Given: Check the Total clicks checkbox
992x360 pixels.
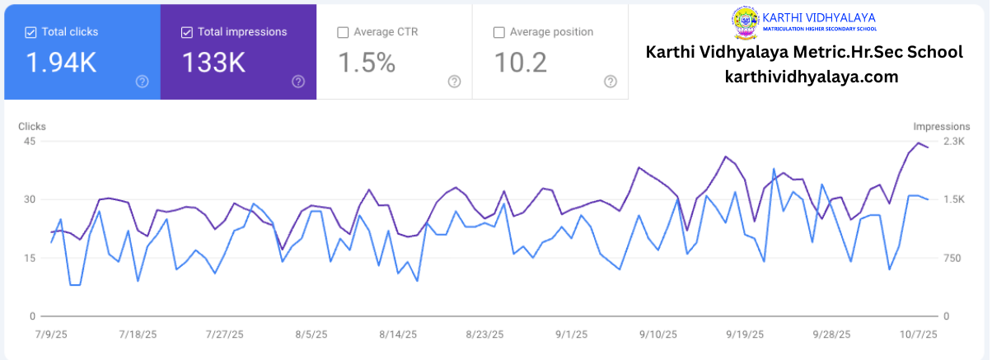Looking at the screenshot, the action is [30, 32].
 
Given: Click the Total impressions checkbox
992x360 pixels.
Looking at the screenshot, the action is [187, 32].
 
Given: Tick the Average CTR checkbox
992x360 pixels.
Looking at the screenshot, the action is [343, 32].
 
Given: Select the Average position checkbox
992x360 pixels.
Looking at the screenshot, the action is [499, 32].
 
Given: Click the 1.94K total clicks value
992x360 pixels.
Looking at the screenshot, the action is [61, 63].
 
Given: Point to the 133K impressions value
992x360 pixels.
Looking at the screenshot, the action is [213, 63].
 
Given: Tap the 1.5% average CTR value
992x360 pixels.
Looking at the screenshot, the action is [367, 63].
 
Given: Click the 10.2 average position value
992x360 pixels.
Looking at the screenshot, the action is [521, 63].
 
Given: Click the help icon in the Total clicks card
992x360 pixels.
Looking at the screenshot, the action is [143, 82].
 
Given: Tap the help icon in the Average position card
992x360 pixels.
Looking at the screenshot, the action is [611, 82].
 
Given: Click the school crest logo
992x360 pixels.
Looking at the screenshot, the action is [746, 23].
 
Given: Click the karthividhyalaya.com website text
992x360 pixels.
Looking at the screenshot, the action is [812, 77].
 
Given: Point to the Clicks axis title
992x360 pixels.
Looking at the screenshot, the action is [32, 127].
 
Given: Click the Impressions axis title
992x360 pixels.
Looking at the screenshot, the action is [942, 127].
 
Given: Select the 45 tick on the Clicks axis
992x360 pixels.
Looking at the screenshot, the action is [29, 141].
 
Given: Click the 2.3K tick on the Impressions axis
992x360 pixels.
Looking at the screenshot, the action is [954, 141].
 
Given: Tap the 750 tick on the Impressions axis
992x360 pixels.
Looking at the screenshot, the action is [952, 258].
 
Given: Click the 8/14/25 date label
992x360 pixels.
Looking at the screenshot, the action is [398, 334].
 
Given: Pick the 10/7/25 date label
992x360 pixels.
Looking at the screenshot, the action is [918, 334].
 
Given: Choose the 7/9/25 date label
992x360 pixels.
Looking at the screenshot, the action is [51, 334].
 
